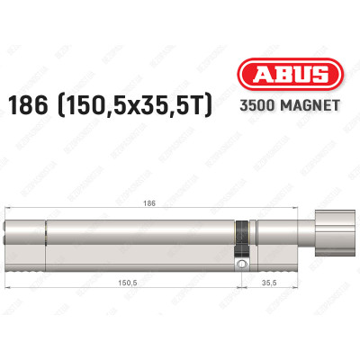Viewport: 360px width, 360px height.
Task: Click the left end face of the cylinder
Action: [10, 241]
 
